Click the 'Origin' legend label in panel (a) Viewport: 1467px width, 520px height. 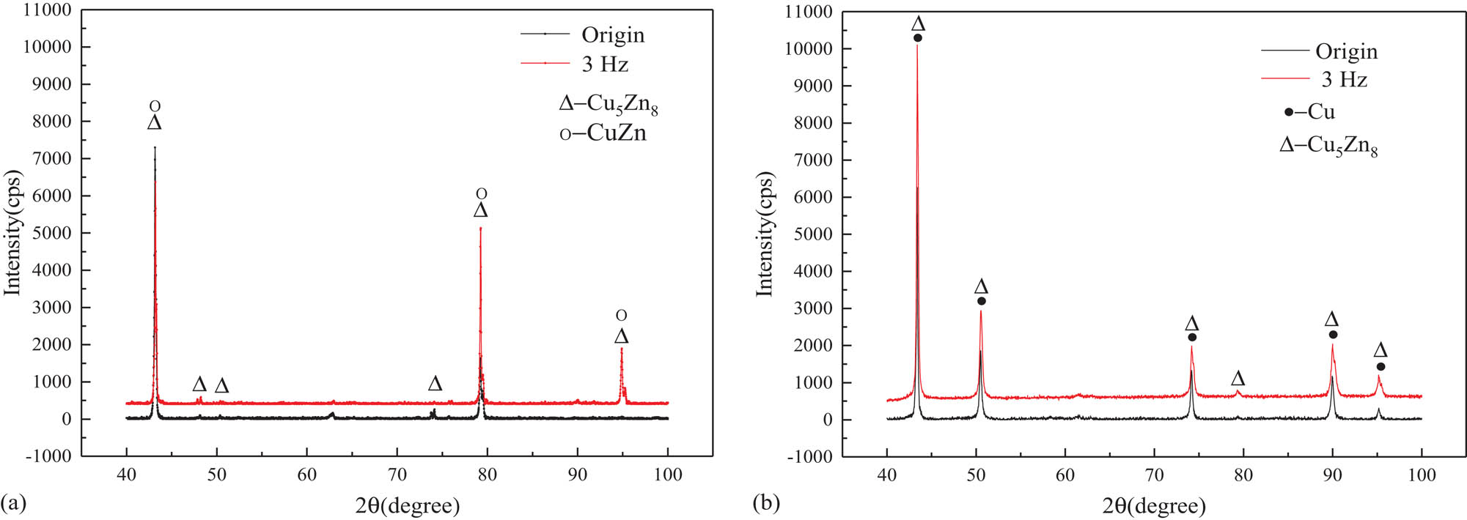[613, 34]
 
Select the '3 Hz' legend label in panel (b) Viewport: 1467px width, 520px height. [1344, 79]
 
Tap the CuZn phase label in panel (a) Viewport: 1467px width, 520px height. [603, 133]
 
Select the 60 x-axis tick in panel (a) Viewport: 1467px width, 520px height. [306, 475]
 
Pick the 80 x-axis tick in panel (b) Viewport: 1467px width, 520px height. [1243, 475]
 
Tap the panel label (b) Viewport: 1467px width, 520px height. [765, 503]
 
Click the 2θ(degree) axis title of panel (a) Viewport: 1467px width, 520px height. [408, 505]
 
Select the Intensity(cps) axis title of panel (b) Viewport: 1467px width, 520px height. [765, 234]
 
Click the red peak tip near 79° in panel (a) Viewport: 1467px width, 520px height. [480, 228]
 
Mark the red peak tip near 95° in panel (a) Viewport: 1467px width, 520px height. [622, 349]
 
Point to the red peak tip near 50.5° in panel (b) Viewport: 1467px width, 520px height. [980, 311]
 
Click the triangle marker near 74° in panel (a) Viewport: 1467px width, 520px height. [435, 384]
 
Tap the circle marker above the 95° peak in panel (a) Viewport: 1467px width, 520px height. [621, 316]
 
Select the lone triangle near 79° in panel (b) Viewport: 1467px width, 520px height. [1238, 379]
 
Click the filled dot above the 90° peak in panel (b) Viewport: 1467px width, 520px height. [1333, 335]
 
